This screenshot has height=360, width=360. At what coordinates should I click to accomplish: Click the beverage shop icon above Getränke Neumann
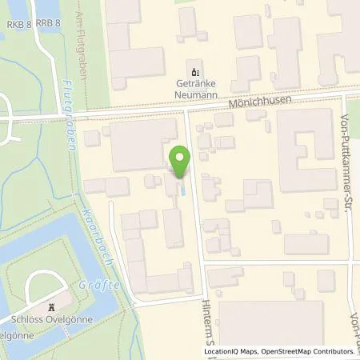[192, 66]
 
